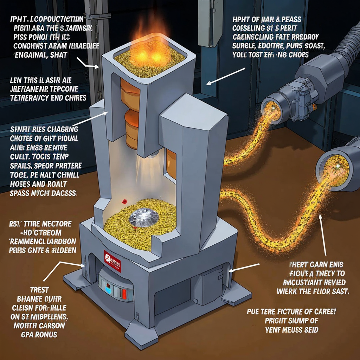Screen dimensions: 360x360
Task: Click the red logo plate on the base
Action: pos(112,261)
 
